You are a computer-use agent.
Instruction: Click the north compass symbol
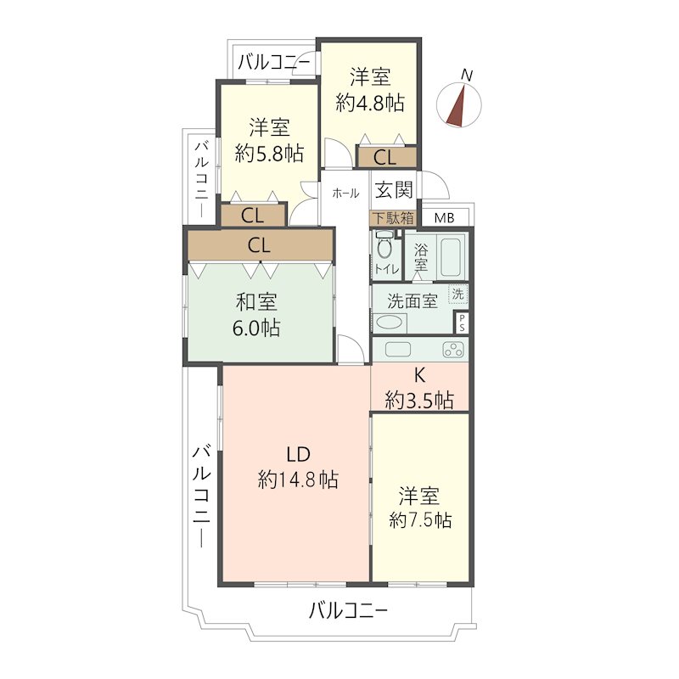(x=459, y=104)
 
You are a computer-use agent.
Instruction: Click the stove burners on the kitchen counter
(x=453, y=350)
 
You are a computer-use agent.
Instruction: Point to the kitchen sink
(x=397, y=350)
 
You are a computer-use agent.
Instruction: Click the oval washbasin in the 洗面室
(x=389, y=323)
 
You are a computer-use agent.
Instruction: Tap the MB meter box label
(x=444, y=218)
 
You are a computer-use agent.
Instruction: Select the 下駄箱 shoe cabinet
(x=393, y=218)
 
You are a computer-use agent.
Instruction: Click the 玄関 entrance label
(x=394, y=189)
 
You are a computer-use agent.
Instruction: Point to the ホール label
(x=345, y=194)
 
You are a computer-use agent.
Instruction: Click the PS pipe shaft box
(x=462, y=323)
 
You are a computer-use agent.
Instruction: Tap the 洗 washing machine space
(x=457, y=294)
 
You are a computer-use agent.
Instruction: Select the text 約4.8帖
(x=370, y=104)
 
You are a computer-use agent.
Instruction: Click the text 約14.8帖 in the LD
(x=298, y=480)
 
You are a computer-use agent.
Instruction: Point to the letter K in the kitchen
(x=419, y=375)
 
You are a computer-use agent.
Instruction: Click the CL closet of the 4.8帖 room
(x=386, y=157)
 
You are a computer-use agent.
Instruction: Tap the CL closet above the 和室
(x=260, y=245)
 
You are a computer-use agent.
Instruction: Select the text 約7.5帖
(x=420, y=519)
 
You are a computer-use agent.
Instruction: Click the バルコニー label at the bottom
(x=348, y=611)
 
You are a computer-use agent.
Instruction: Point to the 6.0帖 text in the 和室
(x=256, y=328)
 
